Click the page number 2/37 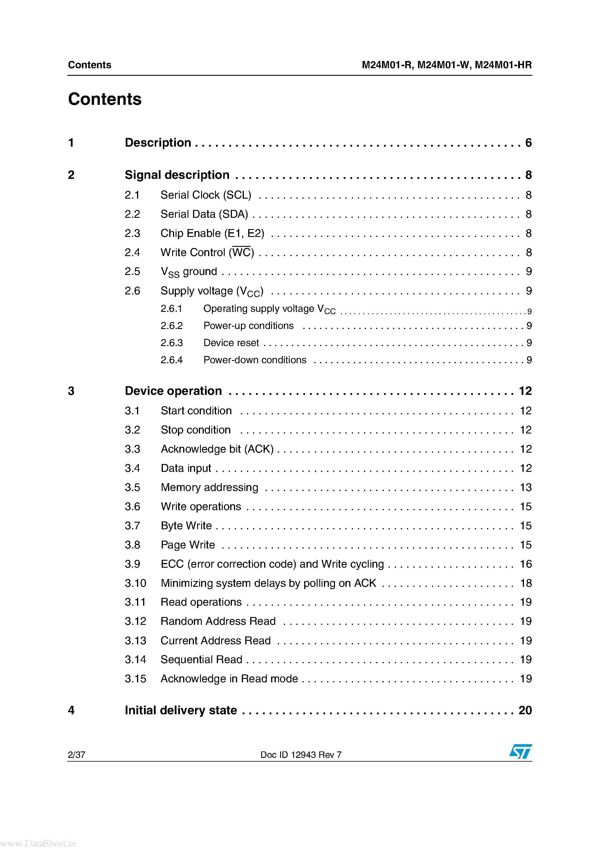(x=77, y=755)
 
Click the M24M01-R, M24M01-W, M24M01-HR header (x=446, y=65)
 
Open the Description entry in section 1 (x=158, y=143)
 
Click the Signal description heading (x=177, y=175)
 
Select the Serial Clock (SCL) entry (x=206, y=195)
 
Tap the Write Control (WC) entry (x=207, y=253)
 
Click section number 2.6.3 (x=172, y=343)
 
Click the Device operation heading (x=173, y=391)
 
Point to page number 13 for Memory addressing (x=525, y=487)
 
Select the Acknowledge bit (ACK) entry (x=217, y=449)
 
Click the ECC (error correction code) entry (x=272, y=564)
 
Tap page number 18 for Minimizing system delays (x=525, y=583)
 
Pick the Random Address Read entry (x=218, y=621)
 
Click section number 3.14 (x=135, y=660)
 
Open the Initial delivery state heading (x=181, y=710)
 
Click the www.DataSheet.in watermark (x=38, y=843)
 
